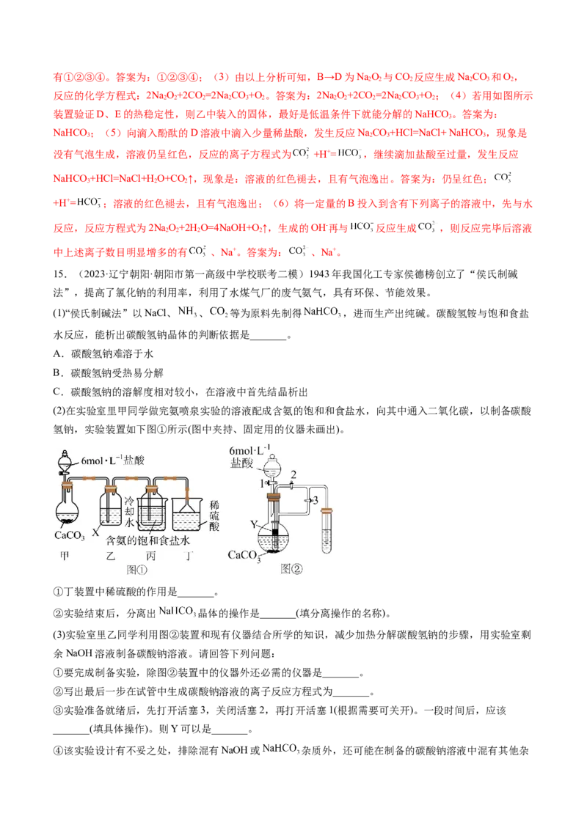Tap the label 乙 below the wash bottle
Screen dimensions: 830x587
112,557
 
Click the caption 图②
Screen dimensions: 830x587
291,569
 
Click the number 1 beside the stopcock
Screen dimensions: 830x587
262,483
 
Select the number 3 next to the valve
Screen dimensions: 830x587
316,500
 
